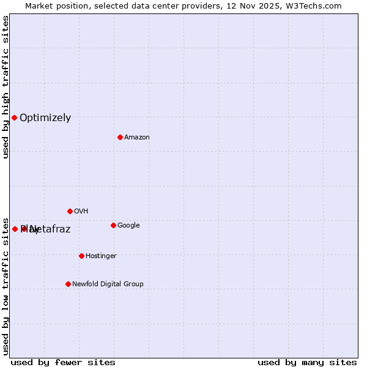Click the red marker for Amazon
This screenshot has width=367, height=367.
click(x=120, y=137)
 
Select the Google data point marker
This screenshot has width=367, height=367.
click(x=113, y=225)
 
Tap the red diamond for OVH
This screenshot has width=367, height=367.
click(x=70, y=211)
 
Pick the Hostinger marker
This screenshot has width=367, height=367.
click(x=81, y=256)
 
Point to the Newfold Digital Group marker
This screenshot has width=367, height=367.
click(x=68, y=284)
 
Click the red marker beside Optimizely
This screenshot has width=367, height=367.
click(x=14, y=117)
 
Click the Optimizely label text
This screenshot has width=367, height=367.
click(x=45, y=118)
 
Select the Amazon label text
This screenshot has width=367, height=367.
click(x=137, y=138)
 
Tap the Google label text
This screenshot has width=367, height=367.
click(x=128, y=226)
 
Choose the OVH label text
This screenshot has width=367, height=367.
click(x=81, y=212)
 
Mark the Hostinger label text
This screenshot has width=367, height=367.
click(x=101, y=256)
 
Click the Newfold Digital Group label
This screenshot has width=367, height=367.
click(x=108, y=284)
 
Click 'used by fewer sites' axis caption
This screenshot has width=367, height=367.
click(x=63, y=362)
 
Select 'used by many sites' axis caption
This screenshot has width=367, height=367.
click(x=307, y=362)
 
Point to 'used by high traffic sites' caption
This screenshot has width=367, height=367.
click(x=6, y=87)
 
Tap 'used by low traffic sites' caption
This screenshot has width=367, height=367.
click(x=6, y=285)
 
